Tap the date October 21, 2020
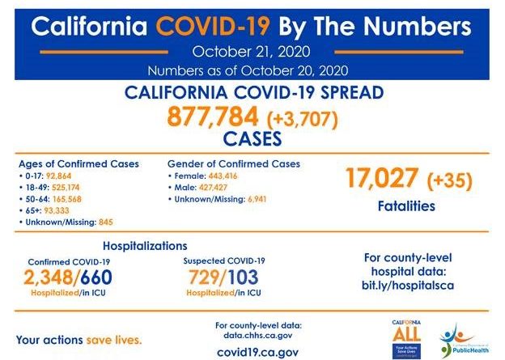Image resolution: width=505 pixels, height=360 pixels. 252,52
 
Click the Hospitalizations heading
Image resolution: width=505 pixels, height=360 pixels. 146,245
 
